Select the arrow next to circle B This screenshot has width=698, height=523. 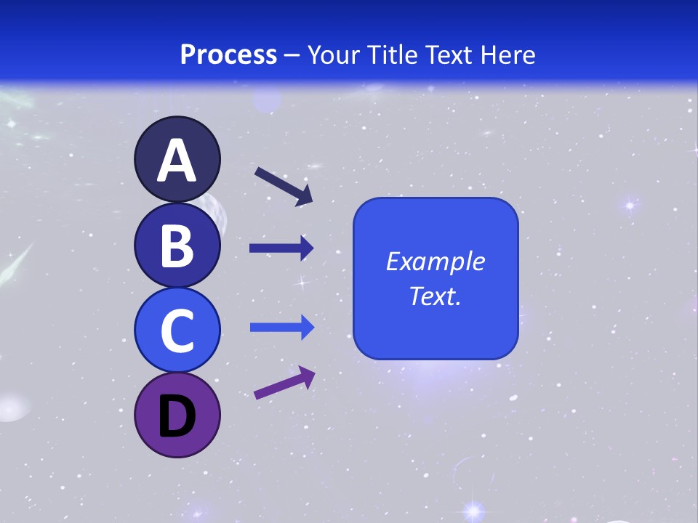click(281, 248)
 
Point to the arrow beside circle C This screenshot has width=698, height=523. click(281, 328)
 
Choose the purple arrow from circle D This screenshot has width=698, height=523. click(284, 384)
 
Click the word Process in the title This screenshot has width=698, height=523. click(228, 54)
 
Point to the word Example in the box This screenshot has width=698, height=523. click(435, 261)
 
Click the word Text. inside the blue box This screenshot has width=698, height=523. click(435, 296)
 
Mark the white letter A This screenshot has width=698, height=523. click(177, 161)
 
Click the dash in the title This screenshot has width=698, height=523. click(292, 55)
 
